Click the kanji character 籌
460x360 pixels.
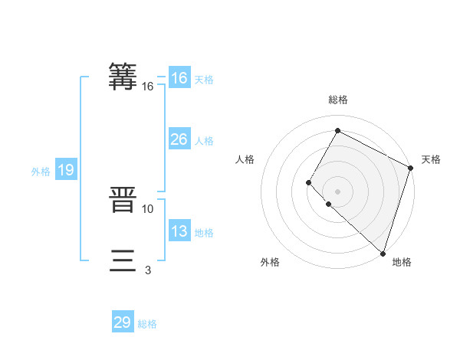tap(123, 77)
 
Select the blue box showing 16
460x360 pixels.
tap(179, 78)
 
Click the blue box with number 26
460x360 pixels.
tap(179, 139)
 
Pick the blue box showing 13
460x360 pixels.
tap(179, 231)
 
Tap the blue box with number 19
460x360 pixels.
tap(66, 170)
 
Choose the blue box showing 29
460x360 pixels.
tap(123, 322)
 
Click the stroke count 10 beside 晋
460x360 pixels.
tap(148, 208)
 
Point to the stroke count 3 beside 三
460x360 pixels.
tap(147, 270)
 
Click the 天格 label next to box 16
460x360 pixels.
tap(204, 80)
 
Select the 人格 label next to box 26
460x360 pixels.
tap(204, 141)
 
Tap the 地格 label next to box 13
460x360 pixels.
tap(204, 233)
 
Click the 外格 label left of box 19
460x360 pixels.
tap(41, 172)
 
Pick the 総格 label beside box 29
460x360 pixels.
tap(147, 324)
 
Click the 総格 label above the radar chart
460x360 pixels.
tap(337, 100)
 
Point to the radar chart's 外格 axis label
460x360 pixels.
tap(270, 262)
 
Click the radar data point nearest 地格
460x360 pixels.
tap(383, 253)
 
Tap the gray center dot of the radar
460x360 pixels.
tap(337, 191)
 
